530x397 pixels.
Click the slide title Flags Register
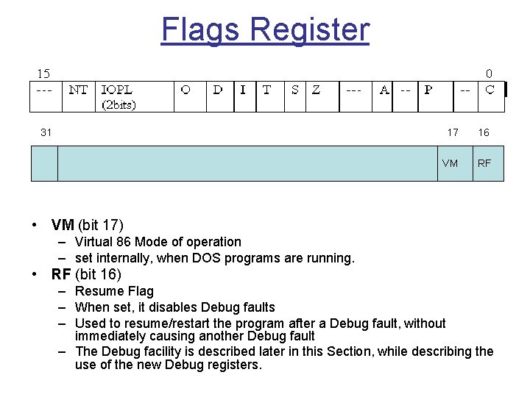(x=265, y=30)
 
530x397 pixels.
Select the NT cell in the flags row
(x=78, y=90)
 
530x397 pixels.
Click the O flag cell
(x=185, y=90)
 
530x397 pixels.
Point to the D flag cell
(x=218, y=90)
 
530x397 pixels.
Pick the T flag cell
(x=266, y=90)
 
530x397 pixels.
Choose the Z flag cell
(x=317, y=90)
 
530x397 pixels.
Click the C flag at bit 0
(x=490, y=90)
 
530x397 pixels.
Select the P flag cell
(x=428, y=90)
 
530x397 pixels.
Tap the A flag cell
(x=384, y=90)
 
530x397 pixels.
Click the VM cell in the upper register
(x=450, y=163)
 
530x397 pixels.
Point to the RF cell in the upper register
(x=484, y=163)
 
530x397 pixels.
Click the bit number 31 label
(x=46, y=132)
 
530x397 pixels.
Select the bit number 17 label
(x=453, y=132)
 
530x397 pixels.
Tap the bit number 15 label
(x=44, y=74)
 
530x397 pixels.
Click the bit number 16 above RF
(x=484, y=132)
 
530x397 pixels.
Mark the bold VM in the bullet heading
(x=63, y=225)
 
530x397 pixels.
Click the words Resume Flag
(x=109, y=291)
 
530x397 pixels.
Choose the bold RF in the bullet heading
(x=61, y=275)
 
